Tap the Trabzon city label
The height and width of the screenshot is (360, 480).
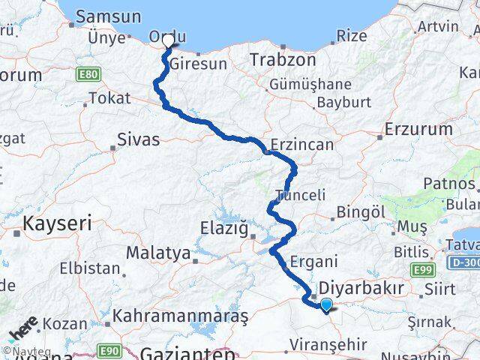(x=280, y=58)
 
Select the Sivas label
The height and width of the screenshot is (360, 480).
(x=138, y=139)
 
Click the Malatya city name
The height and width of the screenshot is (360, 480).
(x=157, y=253)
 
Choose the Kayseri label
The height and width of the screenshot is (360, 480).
(x=58, y=223)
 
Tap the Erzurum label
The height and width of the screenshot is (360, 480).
(x=418, y=129)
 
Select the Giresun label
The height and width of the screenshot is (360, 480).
(x=198, y=64)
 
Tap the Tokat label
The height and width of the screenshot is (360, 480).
(x=109, y=97)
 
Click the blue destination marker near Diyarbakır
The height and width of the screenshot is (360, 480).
(x=326, y=304)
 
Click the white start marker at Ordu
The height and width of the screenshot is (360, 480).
(x=167, y=43)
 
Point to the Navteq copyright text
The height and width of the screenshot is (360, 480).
(x=20, y=351)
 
